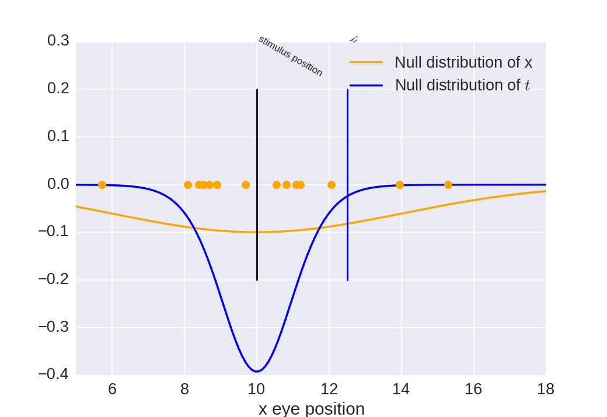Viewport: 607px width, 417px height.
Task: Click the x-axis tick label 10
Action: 257,389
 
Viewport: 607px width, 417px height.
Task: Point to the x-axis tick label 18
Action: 545,389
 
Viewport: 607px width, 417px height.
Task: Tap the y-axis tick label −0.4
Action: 54,374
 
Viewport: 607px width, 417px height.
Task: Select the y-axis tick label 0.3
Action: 58,41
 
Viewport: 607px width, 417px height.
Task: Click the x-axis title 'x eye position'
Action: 311,408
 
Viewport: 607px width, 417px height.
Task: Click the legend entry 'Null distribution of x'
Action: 463,62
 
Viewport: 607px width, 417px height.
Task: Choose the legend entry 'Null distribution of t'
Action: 462,85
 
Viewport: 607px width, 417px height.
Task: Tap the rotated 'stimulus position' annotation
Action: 291,56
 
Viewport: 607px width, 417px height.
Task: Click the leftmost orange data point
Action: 102,185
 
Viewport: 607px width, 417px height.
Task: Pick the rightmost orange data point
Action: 448,185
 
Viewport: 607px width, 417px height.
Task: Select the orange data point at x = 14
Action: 400,185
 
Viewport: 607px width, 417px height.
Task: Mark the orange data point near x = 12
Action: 332,185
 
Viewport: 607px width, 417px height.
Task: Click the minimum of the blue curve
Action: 257,371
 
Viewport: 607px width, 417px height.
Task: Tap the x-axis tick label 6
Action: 112,389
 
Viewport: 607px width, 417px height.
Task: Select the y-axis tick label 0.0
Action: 58,184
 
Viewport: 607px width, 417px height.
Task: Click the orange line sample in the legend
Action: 366,62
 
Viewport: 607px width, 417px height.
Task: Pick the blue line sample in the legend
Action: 366,85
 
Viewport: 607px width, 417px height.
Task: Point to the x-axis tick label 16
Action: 473,389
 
